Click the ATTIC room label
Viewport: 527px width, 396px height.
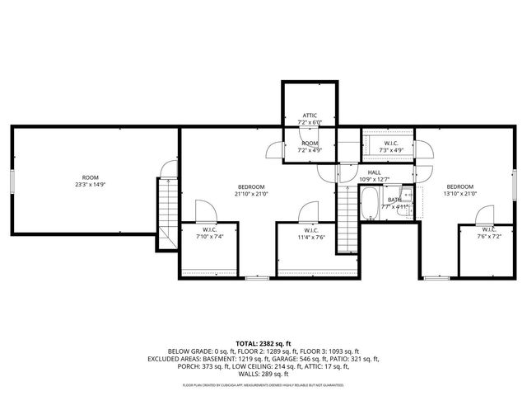(x=310, y=115)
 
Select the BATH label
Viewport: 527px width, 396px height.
(x=395, y=199)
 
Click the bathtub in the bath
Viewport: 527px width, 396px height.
(x=370, y=200)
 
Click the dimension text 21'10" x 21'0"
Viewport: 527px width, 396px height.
(x=252, y=194)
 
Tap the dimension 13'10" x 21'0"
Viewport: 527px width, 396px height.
(x=461, y=194)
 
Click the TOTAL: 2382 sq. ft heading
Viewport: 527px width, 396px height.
(x=263, y=342)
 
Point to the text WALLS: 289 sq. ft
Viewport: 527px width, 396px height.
(x=263, y=374)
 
